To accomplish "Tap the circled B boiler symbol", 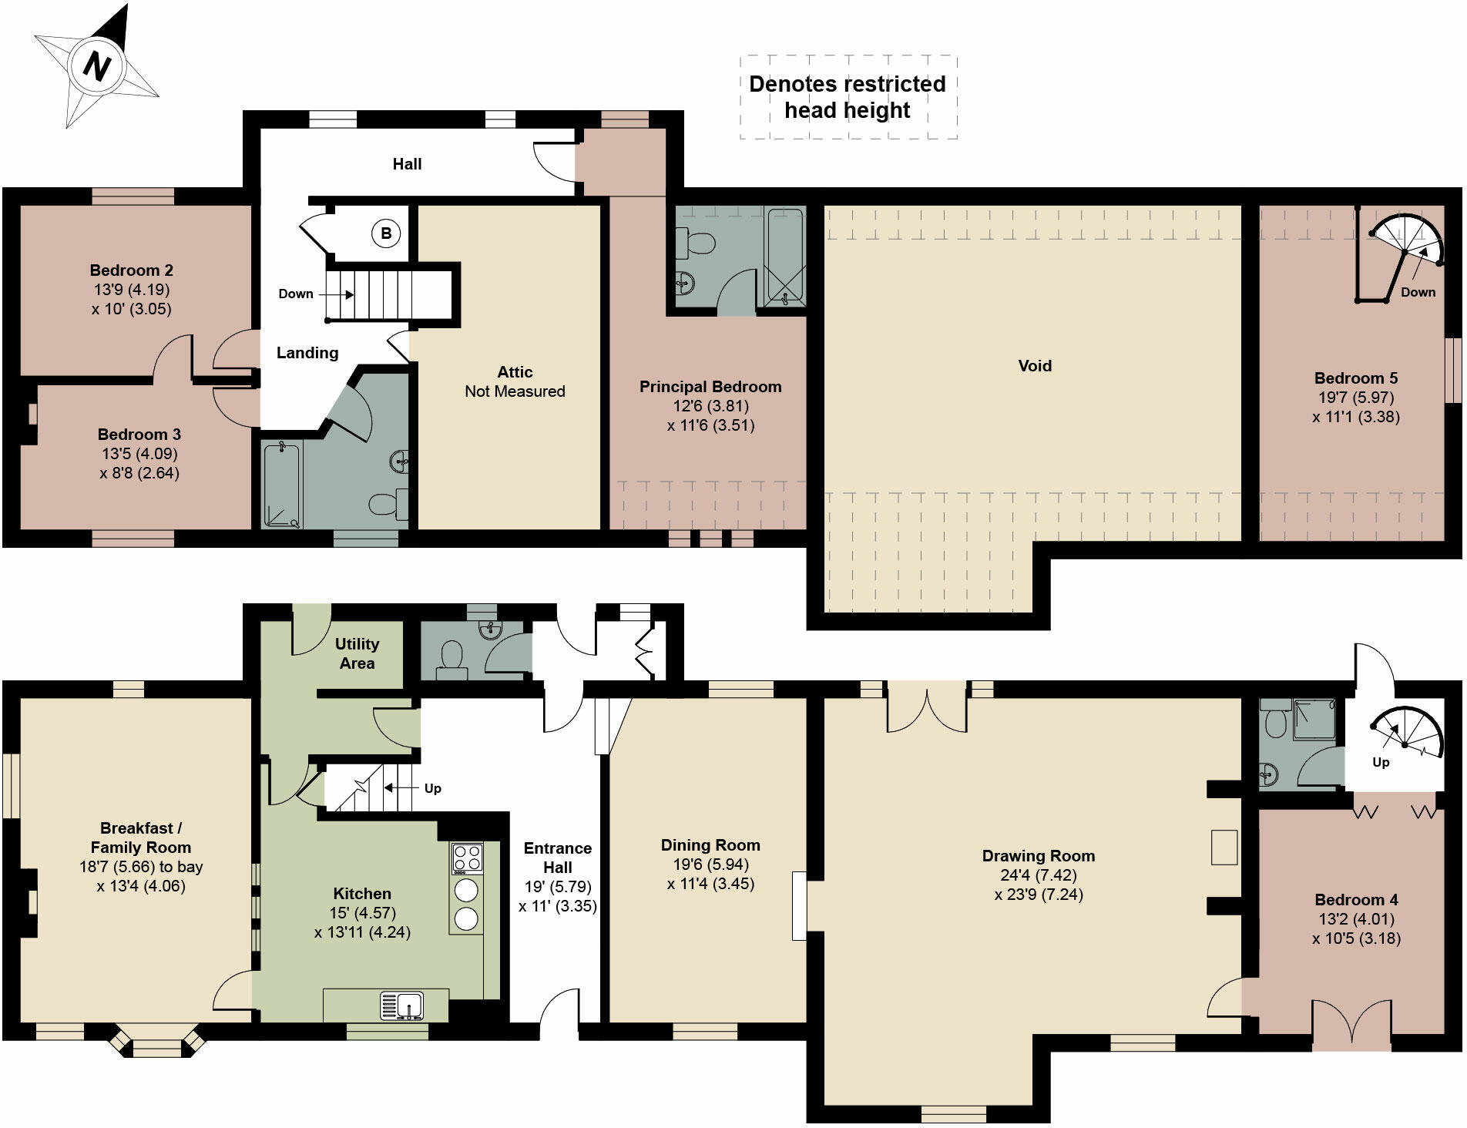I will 386,233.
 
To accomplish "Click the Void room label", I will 1034,366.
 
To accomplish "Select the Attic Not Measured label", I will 515,381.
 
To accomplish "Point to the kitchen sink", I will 401,1006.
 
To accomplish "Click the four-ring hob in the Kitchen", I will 467,858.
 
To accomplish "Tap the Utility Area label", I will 357,653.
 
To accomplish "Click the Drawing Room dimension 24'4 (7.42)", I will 1038,875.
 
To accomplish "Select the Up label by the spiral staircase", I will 1380,762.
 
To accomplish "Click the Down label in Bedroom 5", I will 1418,292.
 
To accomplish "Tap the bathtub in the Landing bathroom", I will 281,485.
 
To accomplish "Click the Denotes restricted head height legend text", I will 847,97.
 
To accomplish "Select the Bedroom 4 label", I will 1356,900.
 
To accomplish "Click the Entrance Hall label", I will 558,858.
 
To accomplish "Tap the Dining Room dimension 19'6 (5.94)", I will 710,864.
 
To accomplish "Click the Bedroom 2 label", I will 132,270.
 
